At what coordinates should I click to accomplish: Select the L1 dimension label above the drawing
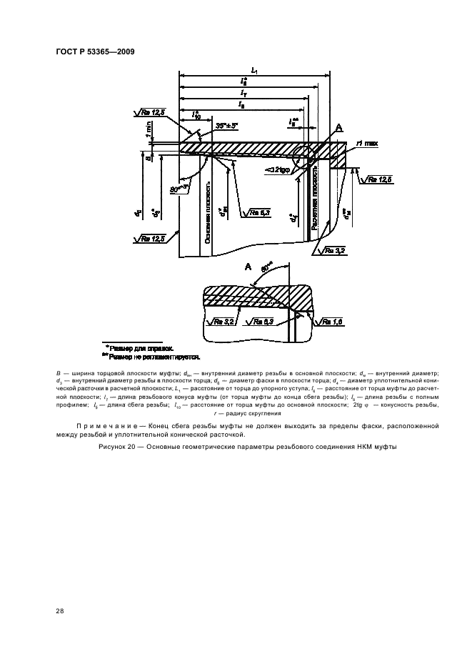point(254,70)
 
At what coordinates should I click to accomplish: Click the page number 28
point(60,610)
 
